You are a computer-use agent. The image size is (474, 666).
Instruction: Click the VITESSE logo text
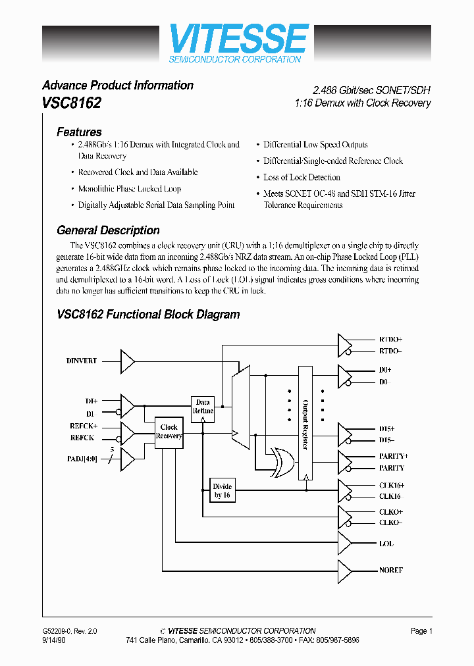(238, 39)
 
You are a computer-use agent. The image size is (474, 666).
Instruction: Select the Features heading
(79, 132)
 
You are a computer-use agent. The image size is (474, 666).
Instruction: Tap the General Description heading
(108, 230)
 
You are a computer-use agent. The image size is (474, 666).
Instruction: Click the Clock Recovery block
(169, 432)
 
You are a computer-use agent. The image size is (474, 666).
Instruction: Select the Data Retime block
(203, 407)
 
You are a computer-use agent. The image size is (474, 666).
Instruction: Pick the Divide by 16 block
(222, 491)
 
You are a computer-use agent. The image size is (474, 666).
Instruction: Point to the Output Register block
(305, 423)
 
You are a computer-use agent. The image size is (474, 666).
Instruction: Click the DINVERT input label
(82, 361)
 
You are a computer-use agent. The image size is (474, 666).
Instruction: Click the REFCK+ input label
(84, 426)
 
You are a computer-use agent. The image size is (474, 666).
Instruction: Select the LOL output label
(386, 543)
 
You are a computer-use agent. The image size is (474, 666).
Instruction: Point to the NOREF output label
(390, 570)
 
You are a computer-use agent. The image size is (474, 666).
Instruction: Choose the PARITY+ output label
(393, 456)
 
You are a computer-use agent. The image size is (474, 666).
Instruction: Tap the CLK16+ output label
(391, 485)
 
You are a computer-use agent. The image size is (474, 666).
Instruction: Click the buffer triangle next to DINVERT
(127, 361)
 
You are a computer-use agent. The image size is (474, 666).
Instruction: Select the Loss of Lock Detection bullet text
(302, 177)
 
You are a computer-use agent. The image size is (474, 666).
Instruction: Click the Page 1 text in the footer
(421, 630)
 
